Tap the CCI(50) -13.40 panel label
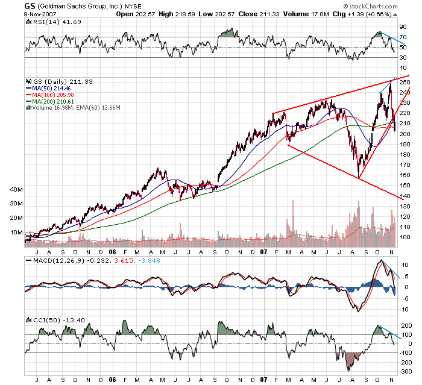(49, 318)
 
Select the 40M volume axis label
(16, 189)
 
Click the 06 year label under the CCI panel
(112, 380)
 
